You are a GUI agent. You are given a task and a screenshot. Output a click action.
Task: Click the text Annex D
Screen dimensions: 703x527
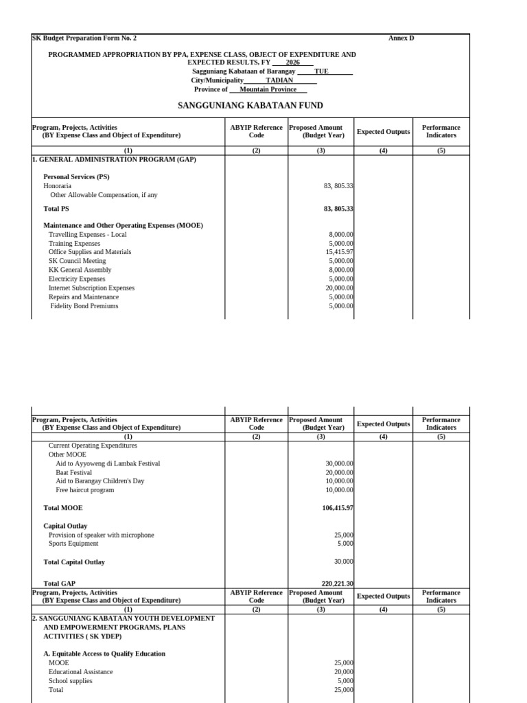pyautogui.click(x=401, y=38)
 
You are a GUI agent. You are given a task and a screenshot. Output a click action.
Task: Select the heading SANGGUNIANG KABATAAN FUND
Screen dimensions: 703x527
pyautogui.click(x=250, y=106)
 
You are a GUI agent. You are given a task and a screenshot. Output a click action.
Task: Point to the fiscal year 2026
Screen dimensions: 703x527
pyautogui.click(x=292, y=62)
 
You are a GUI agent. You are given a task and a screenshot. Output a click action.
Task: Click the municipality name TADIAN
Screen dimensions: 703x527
pyautogui.click(x=279, y=80)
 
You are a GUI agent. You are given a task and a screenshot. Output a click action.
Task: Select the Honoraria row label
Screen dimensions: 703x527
pyautogui.click(x=58, y=185)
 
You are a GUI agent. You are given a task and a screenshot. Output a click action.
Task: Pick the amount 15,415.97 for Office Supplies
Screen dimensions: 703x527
pyautogui.click(x=339, y=252)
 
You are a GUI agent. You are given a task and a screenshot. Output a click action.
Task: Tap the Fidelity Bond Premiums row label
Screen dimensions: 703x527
pyautogui.click(x=84, y=306)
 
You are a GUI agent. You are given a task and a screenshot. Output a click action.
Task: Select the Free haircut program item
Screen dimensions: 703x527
pyautogui.click(x=84, y=490)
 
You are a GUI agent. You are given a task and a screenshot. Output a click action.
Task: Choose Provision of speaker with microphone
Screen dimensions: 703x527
pyautogui.click(x=101, y=535)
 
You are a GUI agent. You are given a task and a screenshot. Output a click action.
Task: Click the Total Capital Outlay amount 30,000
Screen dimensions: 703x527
pyautogui.click(x=343, y=562)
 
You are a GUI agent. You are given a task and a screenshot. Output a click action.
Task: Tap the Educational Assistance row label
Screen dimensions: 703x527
pyautogui.click(x=71, y=671)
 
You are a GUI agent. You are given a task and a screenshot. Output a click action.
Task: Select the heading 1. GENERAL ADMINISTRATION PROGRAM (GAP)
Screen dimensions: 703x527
pyautogui.click(x=114, y=159)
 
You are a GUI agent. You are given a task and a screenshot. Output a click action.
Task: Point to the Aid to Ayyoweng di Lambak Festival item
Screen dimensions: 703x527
pyautogui.click(x=108, y=463)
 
